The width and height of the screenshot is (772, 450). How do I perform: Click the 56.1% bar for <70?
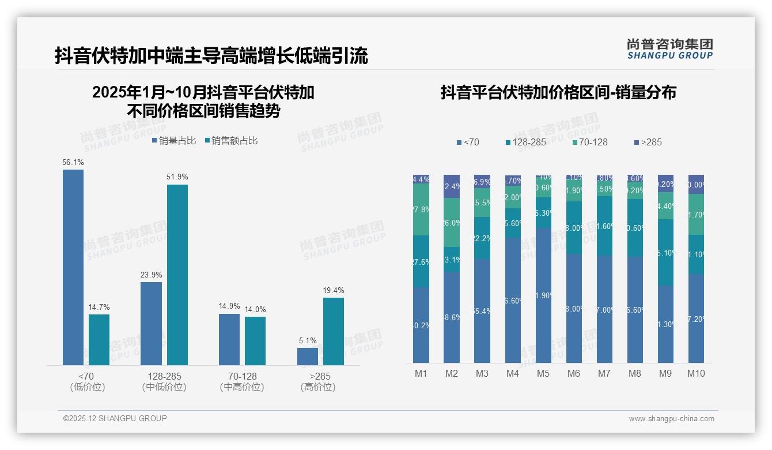[73, 267]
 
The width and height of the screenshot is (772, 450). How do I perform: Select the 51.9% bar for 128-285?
[177, 275]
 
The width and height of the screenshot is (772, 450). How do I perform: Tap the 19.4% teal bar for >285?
[334, 331]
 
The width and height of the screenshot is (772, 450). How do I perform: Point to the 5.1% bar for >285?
[308, 356]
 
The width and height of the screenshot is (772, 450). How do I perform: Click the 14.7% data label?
[99, 307]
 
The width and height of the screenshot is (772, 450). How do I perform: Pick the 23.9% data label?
[151, 275]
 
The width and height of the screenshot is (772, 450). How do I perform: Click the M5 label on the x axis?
[543, 373]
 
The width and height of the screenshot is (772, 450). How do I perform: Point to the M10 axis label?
[696, 373]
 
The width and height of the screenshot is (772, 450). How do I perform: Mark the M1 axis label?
[421, 373]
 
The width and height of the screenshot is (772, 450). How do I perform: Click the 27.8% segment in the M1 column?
[421, 209]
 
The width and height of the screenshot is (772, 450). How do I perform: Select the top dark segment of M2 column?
[452, 186]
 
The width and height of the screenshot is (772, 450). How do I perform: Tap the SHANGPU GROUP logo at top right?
[669, 49]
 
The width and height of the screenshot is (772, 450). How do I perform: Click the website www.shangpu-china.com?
[671, 419]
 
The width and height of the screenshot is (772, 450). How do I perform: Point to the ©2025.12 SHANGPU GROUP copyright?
[115, 418]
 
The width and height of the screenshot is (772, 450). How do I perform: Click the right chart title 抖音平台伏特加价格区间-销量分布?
[558, 92]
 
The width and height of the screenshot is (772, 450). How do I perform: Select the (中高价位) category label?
[242, 387]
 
